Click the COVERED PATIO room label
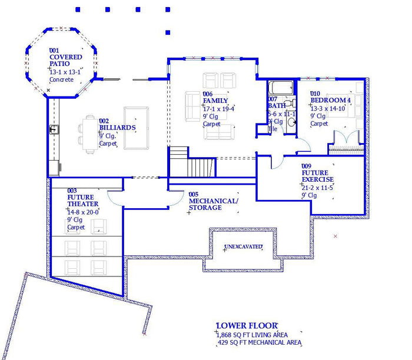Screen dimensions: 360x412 [65, 61]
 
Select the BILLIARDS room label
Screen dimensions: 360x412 [117, 128]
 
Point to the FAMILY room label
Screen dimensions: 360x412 [215, 101]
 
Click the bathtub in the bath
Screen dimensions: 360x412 [280, 89]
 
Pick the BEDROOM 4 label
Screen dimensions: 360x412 [330, 101]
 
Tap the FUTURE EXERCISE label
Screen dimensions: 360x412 [317, 176]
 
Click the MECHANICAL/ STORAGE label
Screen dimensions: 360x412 [213, 204]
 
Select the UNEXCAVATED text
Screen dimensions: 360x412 [243, 246]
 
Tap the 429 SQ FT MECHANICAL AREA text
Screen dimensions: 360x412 [260, 342]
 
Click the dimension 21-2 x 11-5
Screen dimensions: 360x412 [317, 188]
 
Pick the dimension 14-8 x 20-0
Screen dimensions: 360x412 [83, 212]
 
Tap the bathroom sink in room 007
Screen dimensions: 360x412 [291, 123]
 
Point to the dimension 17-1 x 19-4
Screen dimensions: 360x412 [218, 109]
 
